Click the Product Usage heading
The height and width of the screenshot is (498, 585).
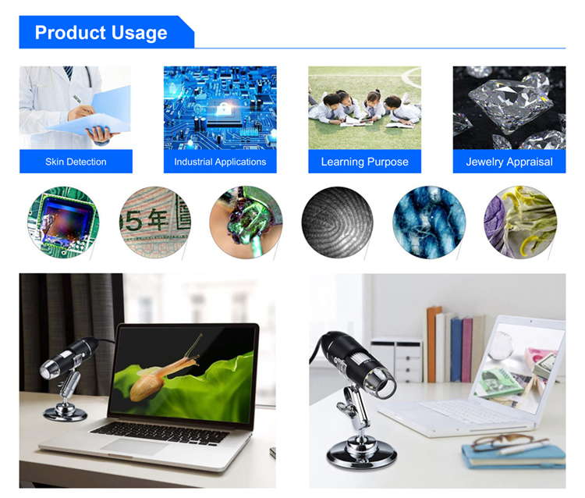(101, 33)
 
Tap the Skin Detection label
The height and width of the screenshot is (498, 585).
(76, 162)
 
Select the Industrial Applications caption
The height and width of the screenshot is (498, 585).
(220, 162)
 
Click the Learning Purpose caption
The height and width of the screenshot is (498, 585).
(364, 162)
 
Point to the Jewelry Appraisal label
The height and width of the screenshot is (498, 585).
(509, 162)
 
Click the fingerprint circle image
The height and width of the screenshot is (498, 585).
(337, 222)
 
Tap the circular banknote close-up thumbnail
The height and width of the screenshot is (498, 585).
(155, 222)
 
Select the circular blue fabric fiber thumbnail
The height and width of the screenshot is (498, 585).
(429, 222)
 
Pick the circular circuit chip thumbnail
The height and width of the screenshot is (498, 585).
(63, 222)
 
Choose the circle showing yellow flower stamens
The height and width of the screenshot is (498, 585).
(520, 222)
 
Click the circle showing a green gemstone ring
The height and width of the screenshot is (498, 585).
(246, 222)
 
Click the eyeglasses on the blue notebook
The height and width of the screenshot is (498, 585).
(508, 443)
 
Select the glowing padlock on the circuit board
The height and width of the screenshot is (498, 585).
(223, 109)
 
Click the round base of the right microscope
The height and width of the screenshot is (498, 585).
(361, 454)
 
